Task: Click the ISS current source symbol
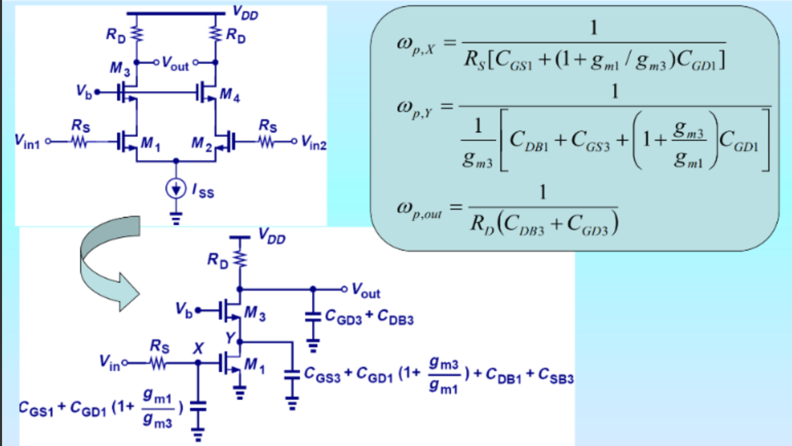point(176,189)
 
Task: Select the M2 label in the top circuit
point(201,144)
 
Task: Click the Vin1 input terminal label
point(27,141)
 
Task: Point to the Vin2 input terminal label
point(313,142)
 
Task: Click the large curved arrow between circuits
point(109,262)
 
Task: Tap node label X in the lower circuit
point(198,348)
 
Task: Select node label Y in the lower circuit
point(230,337)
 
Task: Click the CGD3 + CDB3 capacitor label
point(369,317)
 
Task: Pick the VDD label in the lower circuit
point(272,236)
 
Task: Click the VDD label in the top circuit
point(245,12)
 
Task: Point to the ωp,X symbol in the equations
point(416,45)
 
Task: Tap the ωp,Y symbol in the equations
point(415,108)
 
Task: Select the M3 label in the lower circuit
point(255,312)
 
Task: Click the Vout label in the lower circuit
point(366,291)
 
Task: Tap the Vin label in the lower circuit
point(109,363)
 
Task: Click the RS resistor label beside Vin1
point(81,125)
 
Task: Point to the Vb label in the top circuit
point(83,91)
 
